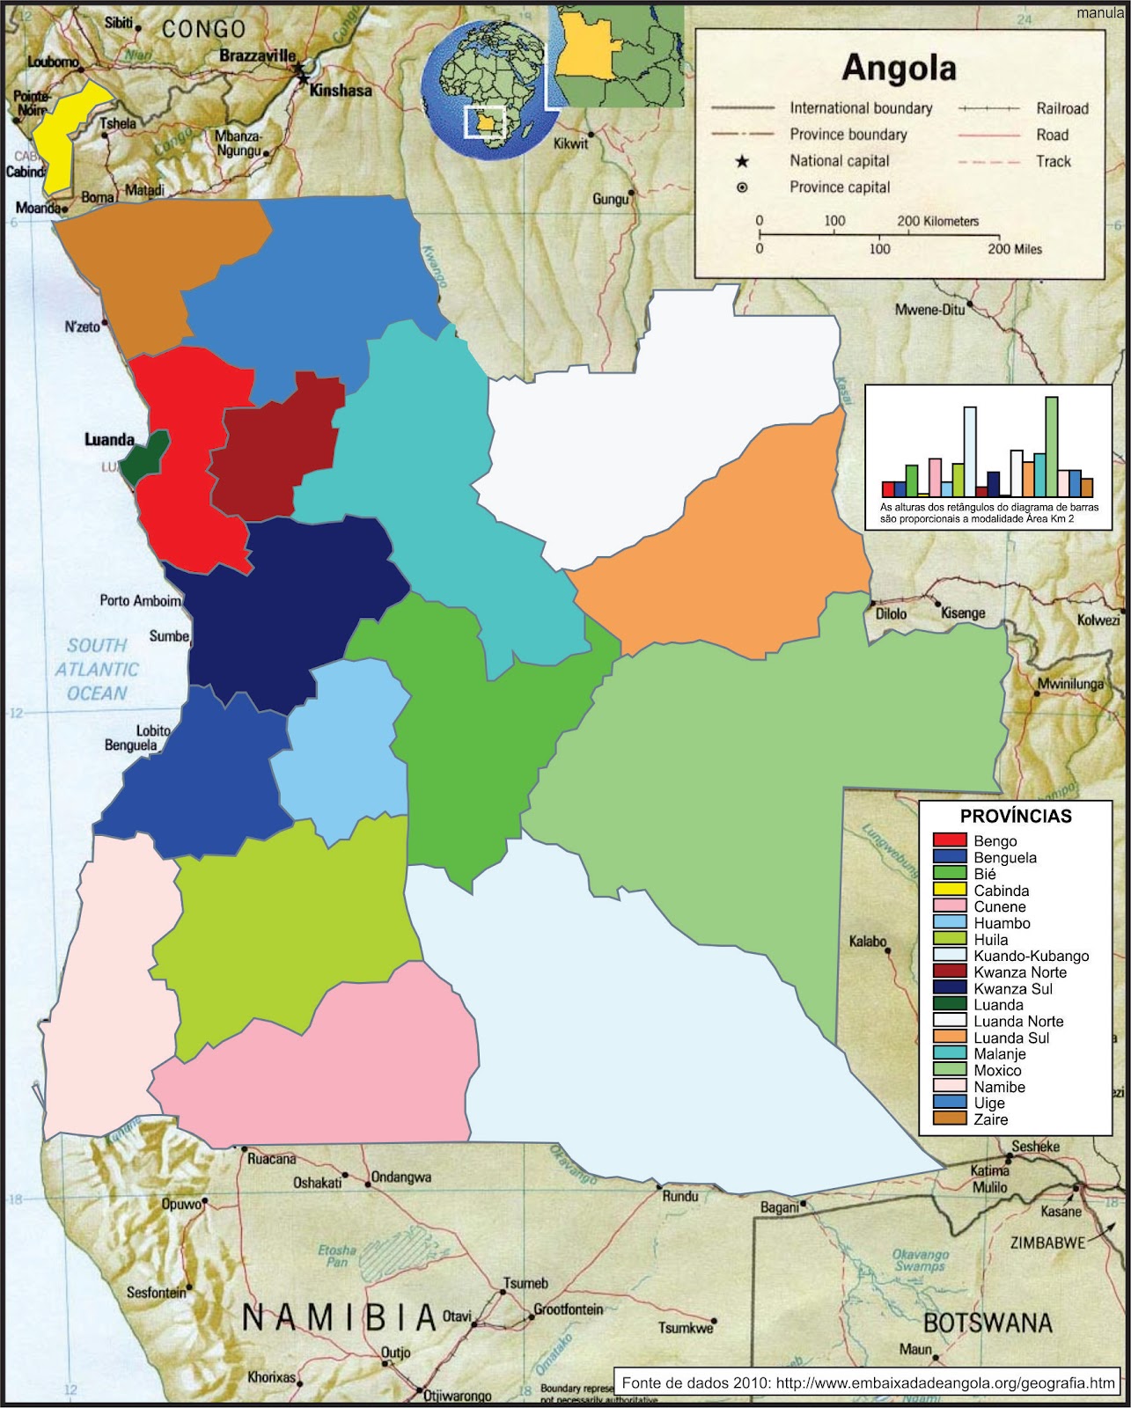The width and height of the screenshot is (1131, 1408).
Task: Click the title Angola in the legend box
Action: [x=899, y=68]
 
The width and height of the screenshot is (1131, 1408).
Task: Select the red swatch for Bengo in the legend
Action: [x=950, y=840]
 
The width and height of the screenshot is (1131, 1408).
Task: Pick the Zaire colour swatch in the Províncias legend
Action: [x=950, y=1119]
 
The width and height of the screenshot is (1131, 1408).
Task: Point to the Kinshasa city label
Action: [x=342, y=90]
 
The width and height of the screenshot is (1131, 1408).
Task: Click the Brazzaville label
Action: [x=257, y=55]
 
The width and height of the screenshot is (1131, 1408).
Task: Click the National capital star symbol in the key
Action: [x=742, y=161]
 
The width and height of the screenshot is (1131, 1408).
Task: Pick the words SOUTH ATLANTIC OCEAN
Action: [x=98, y=669]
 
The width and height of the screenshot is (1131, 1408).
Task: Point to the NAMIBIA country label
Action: [x=339, y=1317]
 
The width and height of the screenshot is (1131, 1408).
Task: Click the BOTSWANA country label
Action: [x=987, y=1322]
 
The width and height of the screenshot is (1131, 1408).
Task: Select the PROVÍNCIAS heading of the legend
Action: [x=1016, y=816]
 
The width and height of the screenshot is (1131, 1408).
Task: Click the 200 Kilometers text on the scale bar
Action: [x=937, y=221]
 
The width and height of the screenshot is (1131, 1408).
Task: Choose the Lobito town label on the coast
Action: [x=153, y=730]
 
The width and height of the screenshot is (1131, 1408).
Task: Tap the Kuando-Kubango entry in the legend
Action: [x=1031, y=956]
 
